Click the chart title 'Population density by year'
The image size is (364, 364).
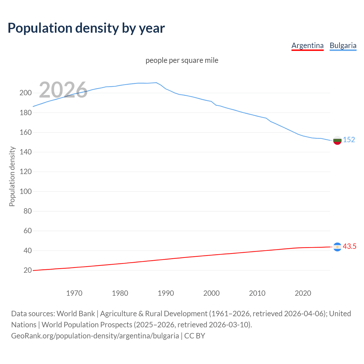pos(86,28)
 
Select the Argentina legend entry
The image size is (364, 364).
pos(307,45)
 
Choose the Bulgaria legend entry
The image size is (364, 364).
pos(343,45)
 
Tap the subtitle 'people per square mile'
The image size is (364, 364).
pos(182,60)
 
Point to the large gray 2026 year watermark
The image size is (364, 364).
pos(63,90)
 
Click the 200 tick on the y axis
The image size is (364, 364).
pos(25,93)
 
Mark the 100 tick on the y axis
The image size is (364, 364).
pos(25,191)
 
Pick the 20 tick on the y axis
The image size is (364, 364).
pos(27,270)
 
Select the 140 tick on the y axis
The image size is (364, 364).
pos(25,152)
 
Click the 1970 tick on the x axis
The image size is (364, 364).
pos(74,293)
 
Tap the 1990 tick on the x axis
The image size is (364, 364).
pos(166,293)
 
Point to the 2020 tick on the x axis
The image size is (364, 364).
pos(303,293)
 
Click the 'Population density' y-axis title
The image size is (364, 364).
pos(12,176)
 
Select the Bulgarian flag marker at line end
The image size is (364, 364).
pos(337,140)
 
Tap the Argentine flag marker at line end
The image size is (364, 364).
pos(337,247)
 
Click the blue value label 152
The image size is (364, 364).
pos(349,140)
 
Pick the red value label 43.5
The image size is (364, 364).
pos(349,246)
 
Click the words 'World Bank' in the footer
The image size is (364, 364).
pos(76,314)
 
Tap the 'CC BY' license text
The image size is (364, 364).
pos(195,336)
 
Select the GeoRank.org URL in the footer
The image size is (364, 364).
pos(95,336)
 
